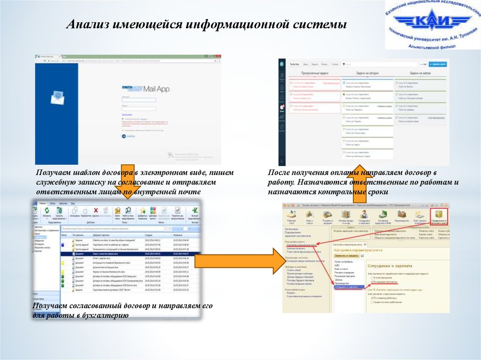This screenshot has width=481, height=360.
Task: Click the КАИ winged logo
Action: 432,23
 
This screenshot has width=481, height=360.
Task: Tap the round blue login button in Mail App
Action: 124,136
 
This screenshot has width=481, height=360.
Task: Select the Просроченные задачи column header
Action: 314,74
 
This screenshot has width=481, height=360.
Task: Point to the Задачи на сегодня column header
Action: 367,74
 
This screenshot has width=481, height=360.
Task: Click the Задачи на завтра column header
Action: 420,74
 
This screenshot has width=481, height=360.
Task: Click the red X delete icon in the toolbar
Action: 96,211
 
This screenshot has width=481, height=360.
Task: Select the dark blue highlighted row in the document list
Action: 127,253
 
